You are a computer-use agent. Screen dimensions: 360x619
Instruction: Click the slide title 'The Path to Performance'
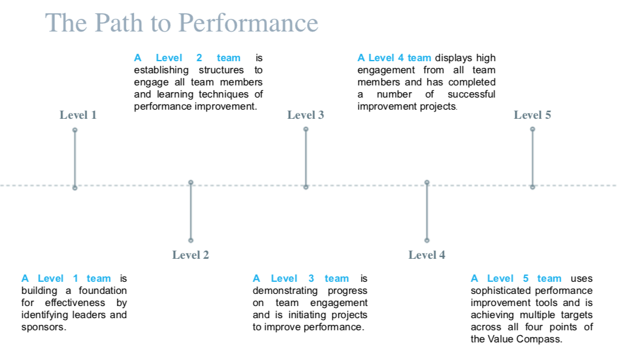[x=182, y=23]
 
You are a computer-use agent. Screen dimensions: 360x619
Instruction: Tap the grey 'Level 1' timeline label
[x=78, y=115]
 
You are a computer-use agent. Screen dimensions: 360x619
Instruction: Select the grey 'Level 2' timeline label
[x=191, y=255]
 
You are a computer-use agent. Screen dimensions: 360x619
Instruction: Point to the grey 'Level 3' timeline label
[x=306, y=115]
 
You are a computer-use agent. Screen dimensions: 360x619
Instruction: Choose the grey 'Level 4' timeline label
[x=427, y=255]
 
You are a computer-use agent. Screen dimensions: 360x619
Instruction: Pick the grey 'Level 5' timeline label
[x=532, y=115]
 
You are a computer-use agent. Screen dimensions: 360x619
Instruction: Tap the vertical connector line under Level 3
[x=306, y=158]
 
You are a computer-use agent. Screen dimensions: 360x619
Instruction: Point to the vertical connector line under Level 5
[x=532, y=158]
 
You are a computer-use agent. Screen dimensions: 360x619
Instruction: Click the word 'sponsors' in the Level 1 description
[x=42, y=327]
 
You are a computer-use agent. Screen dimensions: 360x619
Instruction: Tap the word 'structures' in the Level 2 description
[x=222, y=70]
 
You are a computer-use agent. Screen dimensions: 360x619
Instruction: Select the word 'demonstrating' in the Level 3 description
[x=281, y=291]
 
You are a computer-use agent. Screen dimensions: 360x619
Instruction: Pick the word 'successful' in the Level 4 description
[x=471, y=94]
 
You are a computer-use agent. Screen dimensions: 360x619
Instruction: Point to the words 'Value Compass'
[x=525, y=339]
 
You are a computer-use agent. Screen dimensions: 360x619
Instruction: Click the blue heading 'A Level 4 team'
[x=394, y=58]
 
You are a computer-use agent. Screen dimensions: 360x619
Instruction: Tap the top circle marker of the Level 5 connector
[x=532, y=129]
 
